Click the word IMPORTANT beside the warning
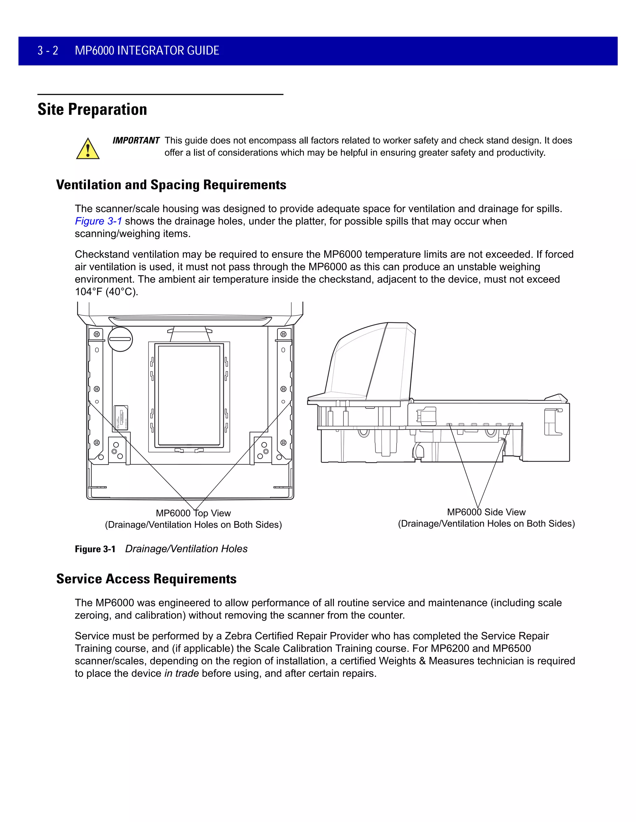[136, 141]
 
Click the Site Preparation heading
[92, 109]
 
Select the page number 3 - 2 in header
[48, 51]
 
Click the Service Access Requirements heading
[146, 579]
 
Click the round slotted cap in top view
[120, 339]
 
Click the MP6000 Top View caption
[193, 513]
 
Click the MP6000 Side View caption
[486, 512]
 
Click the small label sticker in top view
[121, 418]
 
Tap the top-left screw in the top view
[97, 334]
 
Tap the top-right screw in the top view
[283, 334]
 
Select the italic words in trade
[181, 674]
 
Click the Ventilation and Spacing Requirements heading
[171, 185]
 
